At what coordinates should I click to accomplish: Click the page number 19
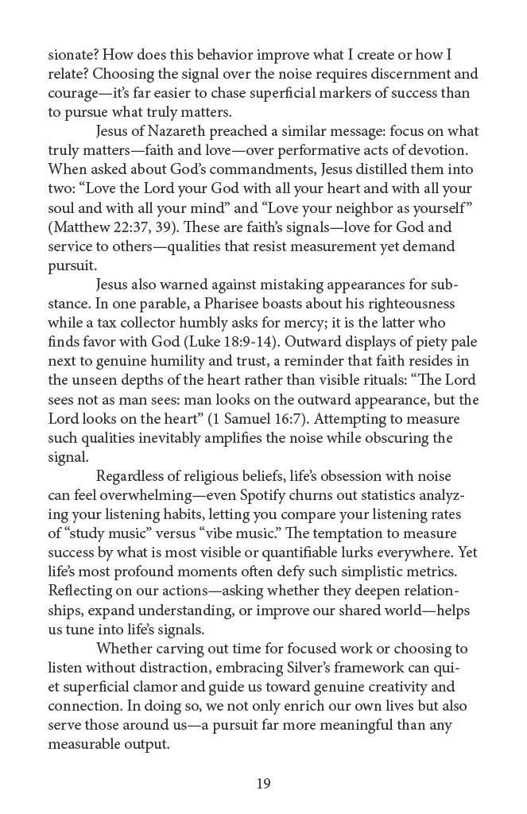coord(264,784)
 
